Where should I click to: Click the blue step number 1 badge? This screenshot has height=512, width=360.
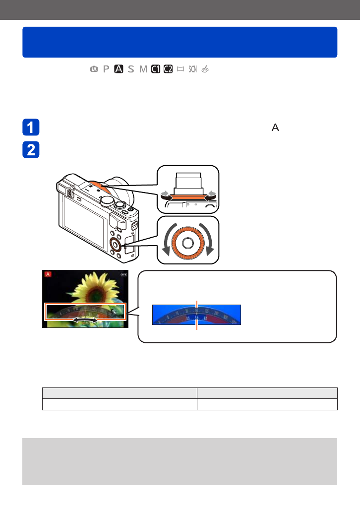(31, 128)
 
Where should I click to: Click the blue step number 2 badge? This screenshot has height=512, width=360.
(31, 150)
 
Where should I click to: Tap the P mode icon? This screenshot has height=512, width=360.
(106, 69)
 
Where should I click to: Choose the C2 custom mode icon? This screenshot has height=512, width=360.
(168, 69)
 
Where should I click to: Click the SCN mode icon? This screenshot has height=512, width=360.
(193, 69)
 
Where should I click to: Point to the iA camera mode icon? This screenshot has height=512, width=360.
(94, 69)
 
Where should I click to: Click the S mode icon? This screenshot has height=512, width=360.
(130, 69)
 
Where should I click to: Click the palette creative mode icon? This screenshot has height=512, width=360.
(205, 69)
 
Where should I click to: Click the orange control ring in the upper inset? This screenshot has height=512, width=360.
(187, 197)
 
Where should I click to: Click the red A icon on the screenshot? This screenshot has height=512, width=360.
(48, 274)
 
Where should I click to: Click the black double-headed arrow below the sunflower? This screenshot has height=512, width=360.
(85, 322)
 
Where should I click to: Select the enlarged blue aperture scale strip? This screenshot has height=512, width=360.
(196, 315)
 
